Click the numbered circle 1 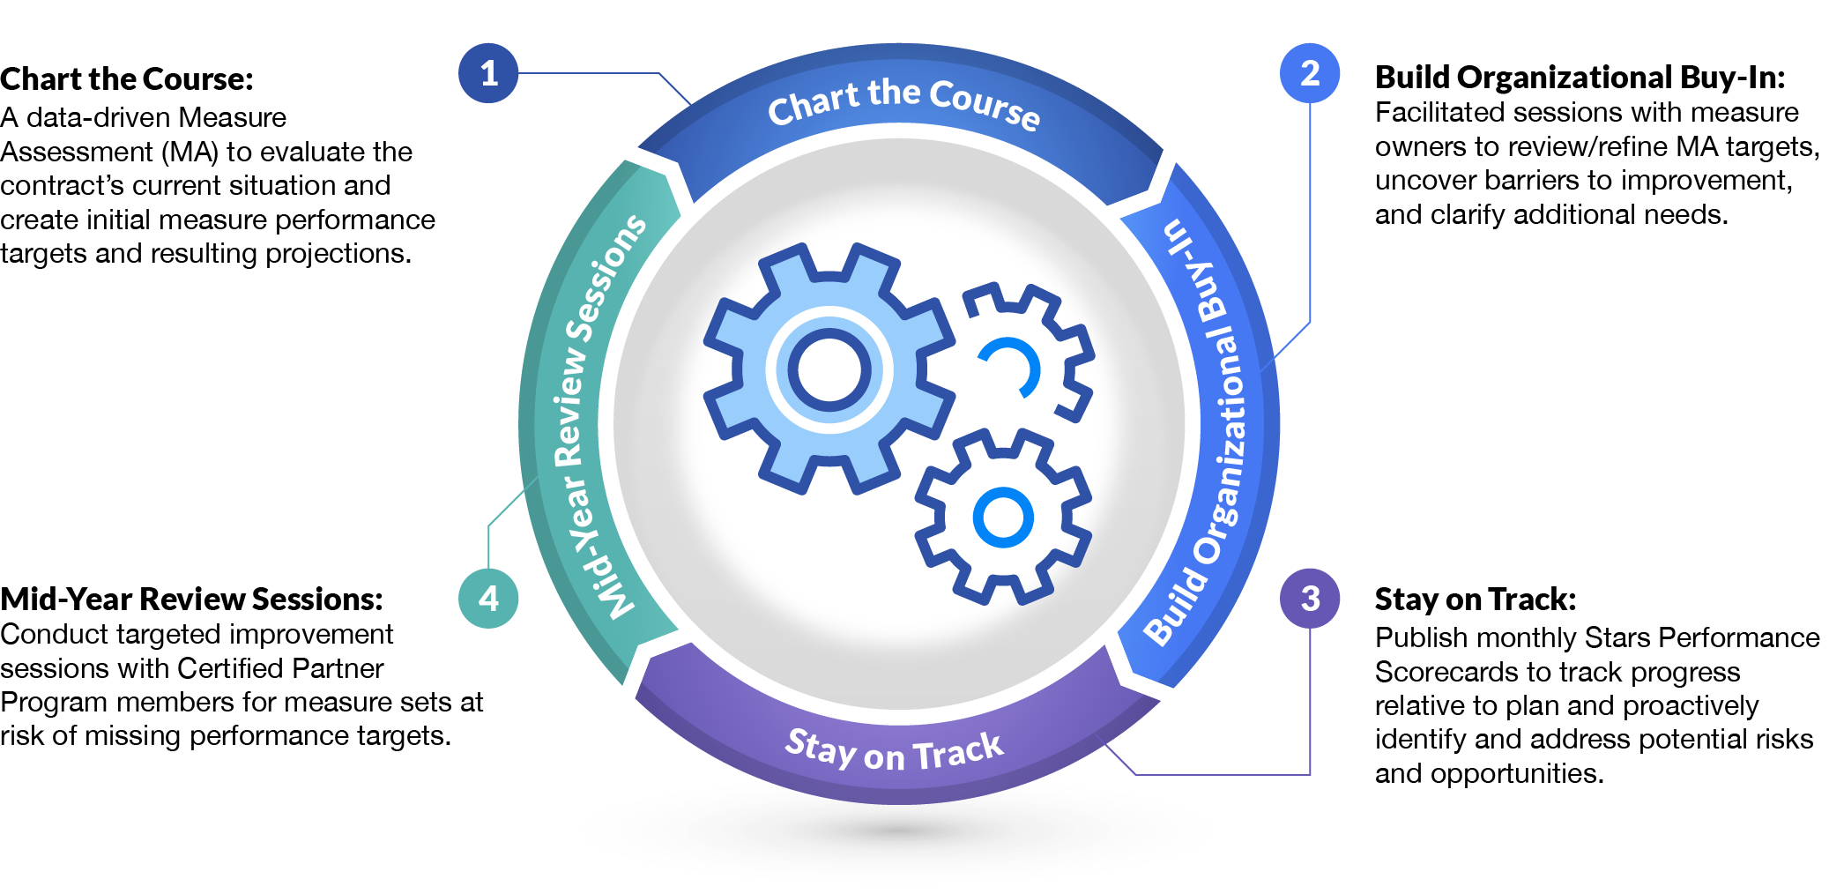point(488,73)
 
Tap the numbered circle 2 point(1310,73)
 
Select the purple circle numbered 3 point(1310,599)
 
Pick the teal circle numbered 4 point(488,599)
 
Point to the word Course point(985,106)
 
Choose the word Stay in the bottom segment point(821,749)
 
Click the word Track point(958,753)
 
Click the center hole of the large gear point(829,369)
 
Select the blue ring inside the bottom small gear point(1003,517)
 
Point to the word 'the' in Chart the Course point(894,93)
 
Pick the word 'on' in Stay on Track point(884,757)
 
